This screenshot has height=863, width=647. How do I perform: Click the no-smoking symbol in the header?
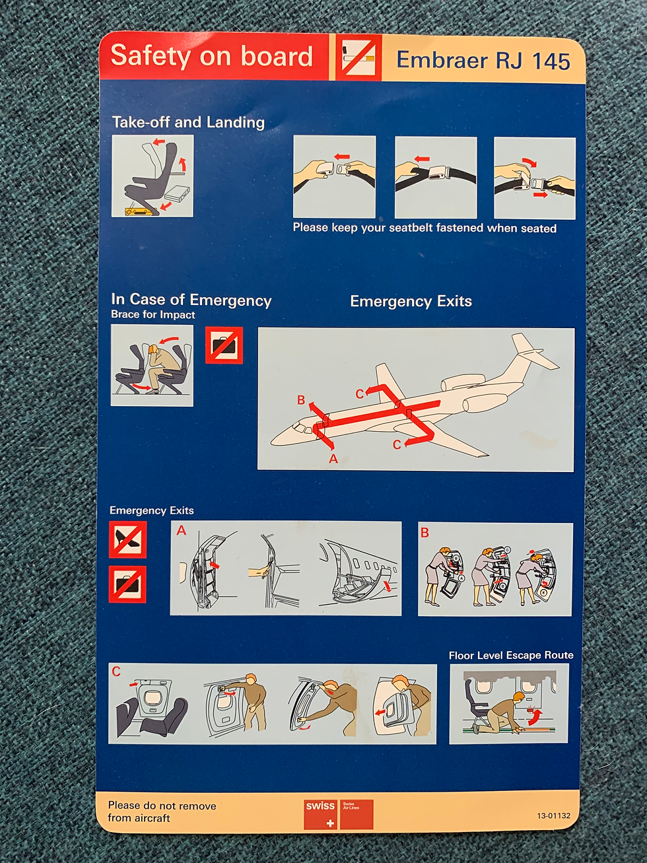pyautogui.click(x=358, y=57)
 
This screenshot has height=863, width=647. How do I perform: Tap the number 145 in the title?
pyautogui.click(x=551, y=61)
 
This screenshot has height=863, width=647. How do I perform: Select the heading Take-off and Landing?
pyautogui.click(x=188, y=122)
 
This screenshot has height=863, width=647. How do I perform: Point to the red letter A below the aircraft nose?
pyautogui.click(x=333, y=459)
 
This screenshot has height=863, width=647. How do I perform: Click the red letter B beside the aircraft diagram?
pyautogui.click(x=301, y=400)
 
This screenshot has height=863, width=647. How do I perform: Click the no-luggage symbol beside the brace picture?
pyautogui.click(x=224, y=345)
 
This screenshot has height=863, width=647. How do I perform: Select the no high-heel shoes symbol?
pyautogui.click(x=127, y=539)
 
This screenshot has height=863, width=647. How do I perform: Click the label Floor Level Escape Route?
pyautogui.click(x=510, y=656)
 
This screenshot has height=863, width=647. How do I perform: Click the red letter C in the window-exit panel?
pyautogui.click(x=116, y=671)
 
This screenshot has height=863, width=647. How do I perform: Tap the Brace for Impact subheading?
pyautogui.click(x=153, y=315)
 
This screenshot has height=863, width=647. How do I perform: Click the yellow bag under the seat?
pyautogui.click(x=135, y=211)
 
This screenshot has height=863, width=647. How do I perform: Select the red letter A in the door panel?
pyautogui.click(x=181, y=531)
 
